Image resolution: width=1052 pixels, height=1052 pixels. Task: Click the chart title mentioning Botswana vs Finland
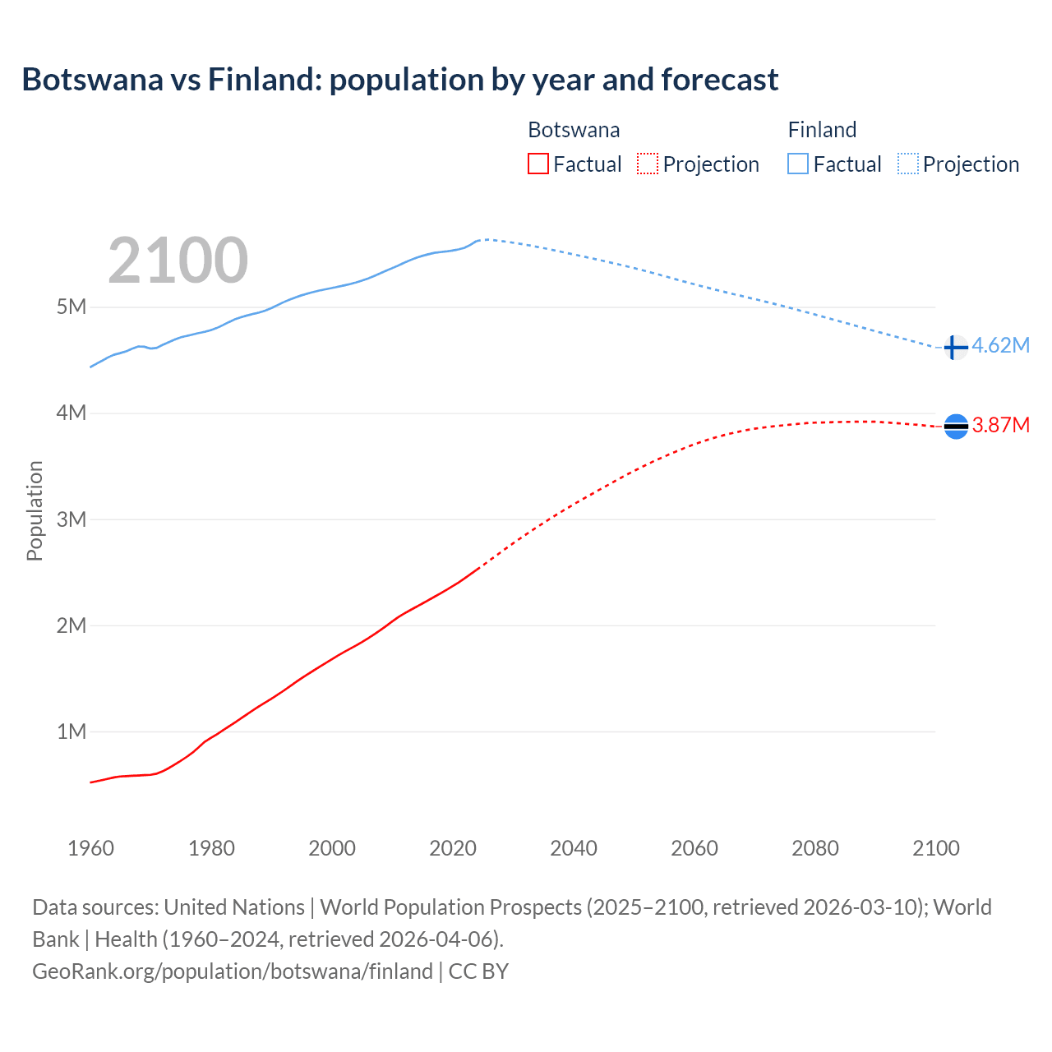pos(399,80)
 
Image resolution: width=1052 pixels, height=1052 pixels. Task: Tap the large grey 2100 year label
pos(178,261)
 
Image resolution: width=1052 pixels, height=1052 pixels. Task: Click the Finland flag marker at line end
pos(955,348)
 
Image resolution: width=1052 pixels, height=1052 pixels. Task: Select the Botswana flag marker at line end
pos(956,426)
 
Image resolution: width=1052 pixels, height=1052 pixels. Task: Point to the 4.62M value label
pos(1000,345)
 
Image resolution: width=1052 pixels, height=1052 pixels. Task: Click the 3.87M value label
pos(1000,425)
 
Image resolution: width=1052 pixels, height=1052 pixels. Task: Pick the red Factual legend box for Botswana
pos(538,164)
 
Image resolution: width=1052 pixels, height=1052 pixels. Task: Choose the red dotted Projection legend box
pos(648,164)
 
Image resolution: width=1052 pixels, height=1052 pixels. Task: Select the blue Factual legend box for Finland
pos(798,164)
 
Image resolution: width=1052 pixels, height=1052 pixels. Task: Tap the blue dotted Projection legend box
pos(908,164)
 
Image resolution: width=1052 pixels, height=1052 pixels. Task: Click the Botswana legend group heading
pos(574,130)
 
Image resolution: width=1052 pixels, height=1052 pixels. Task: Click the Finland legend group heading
pos(822,130)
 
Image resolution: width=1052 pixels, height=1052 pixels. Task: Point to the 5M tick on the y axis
pos(72,307)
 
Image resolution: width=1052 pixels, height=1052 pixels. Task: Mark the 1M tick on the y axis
pos(72,731)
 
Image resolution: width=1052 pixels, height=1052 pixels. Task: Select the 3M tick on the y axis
pos(72,519)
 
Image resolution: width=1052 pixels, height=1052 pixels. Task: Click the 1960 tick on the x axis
pos(91,848)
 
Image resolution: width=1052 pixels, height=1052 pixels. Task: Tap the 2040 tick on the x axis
pos(574,848)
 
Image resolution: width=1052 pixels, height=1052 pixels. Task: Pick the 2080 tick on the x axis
pos(815,848)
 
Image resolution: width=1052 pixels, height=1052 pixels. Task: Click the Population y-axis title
pos(35,510)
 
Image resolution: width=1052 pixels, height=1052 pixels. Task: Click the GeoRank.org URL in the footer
pos(233,971)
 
